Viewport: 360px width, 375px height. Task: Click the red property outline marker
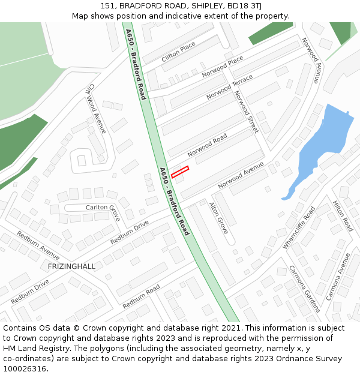180,172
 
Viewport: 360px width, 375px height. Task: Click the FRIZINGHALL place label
71,266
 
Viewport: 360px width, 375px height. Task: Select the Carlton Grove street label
103,208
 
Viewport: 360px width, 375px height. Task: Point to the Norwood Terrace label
229,88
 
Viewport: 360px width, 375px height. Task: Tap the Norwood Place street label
223,66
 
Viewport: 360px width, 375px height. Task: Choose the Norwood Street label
245,112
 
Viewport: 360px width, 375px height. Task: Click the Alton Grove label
218,217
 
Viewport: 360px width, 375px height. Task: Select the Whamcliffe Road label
299,228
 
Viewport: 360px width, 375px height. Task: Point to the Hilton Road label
343,217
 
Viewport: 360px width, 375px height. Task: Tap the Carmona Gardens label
304,289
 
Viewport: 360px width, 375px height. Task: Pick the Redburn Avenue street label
38,245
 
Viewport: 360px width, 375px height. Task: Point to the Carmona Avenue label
338,277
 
